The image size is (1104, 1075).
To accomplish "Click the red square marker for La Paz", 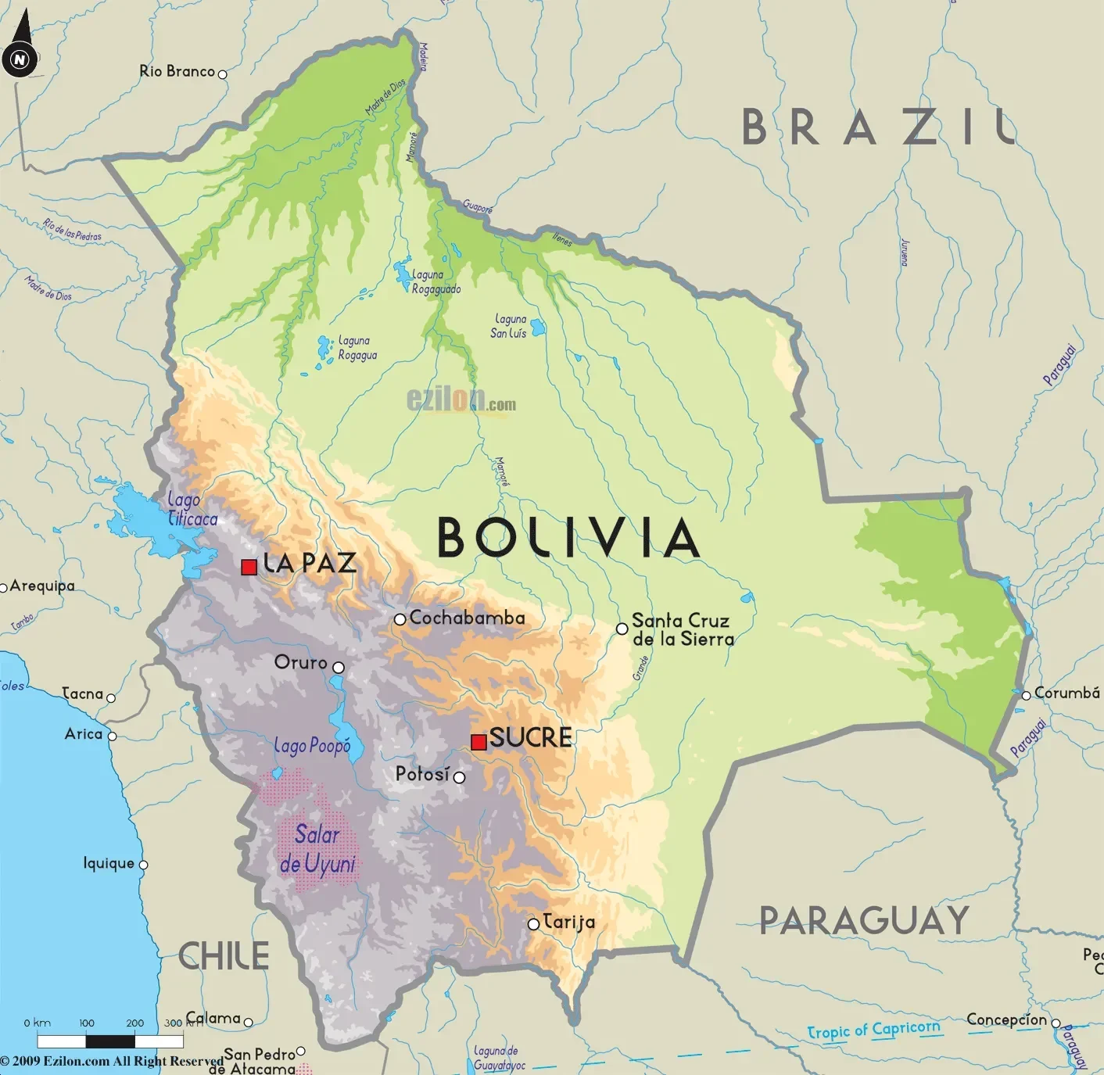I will [249, 567].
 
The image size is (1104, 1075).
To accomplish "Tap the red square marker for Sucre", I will [479, 741].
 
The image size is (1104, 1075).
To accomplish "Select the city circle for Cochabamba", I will [400, 619].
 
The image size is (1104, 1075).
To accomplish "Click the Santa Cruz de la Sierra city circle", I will [622, 629].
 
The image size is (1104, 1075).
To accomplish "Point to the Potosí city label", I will [422, 774].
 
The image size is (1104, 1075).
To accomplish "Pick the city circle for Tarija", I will [533, 924].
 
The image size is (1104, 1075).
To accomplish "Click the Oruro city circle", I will [339, 667].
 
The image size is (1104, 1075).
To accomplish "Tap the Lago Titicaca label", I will [192, 509].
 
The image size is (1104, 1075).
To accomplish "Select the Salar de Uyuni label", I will [317, 849].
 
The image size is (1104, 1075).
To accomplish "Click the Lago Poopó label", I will [312, 746].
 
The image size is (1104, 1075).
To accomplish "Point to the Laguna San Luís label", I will [510, 326].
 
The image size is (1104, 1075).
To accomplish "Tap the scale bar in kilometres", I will [109, 1041].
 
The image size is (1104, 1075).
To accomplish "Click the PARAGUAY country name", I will [864, 920].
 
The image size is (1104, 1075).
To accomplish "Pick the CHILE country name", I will [224, 956].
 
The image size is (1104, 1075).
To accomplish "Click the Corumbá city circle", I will [1026, 695].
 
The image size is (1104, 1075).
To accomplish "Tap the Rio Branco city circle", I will [222, 74].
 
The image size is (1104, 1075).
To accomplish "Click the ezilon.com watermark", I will [461, 400].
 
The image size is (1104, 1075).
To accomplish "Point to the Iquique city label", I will [109, 863].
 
